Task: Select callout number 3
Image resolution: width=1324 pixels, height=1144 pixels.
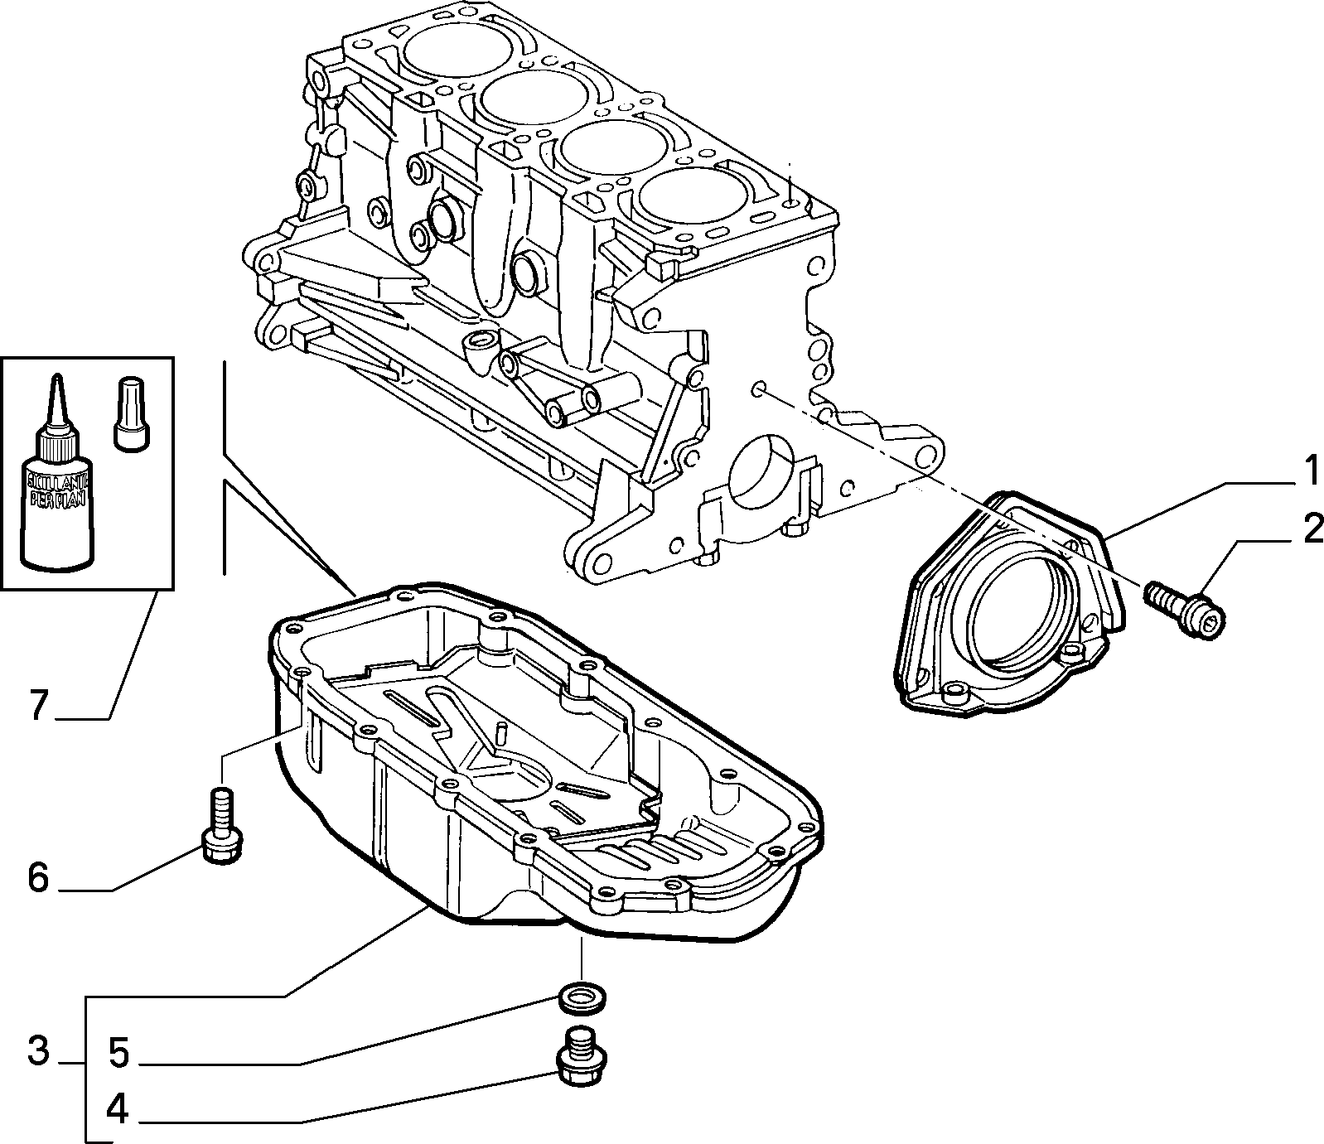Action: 38,1052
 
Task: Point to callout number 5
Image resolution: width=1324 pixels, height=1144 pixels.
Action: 118,1053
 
